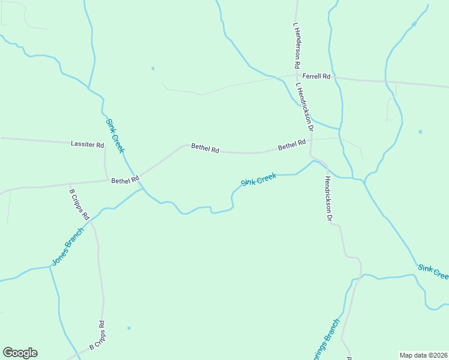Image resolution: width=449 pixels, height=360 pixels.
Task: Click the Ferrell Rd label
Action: coord(316,76)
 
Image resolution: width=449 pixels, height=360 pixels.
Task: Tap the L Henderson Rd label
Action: coord(296,45)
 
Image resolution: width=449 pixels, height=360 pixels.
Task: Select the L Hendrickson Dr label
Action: coord(304,107)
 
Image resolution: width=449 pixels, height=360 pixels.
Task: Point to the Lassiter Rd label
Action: coord(87,145)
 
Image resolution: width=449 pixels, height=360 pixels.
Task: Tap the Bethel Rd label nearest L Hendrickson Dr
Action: coord(292,145)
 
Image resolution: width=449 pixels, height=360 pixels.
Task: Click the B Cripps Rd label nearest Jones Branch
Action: coord(79,205)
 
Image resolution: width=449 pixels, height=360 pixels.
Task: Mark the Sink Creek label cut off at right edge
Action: coord(433,272)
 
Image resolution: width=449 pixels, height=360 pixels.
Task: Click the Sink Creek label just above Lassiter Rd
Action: coord(115,136)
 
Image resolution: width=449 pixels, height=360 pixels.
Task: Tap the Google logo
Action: coord(20,353)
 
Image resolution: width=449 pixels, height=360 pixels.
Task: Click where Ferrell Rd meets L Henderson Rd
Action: coord(297,76)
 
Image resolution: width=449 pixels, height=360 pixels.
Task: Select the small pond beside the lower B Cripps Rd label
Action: coord(129,328)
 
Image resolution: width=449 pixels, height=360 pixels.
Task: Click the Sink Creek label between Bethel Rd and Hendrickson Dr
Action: coord(259,179)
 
